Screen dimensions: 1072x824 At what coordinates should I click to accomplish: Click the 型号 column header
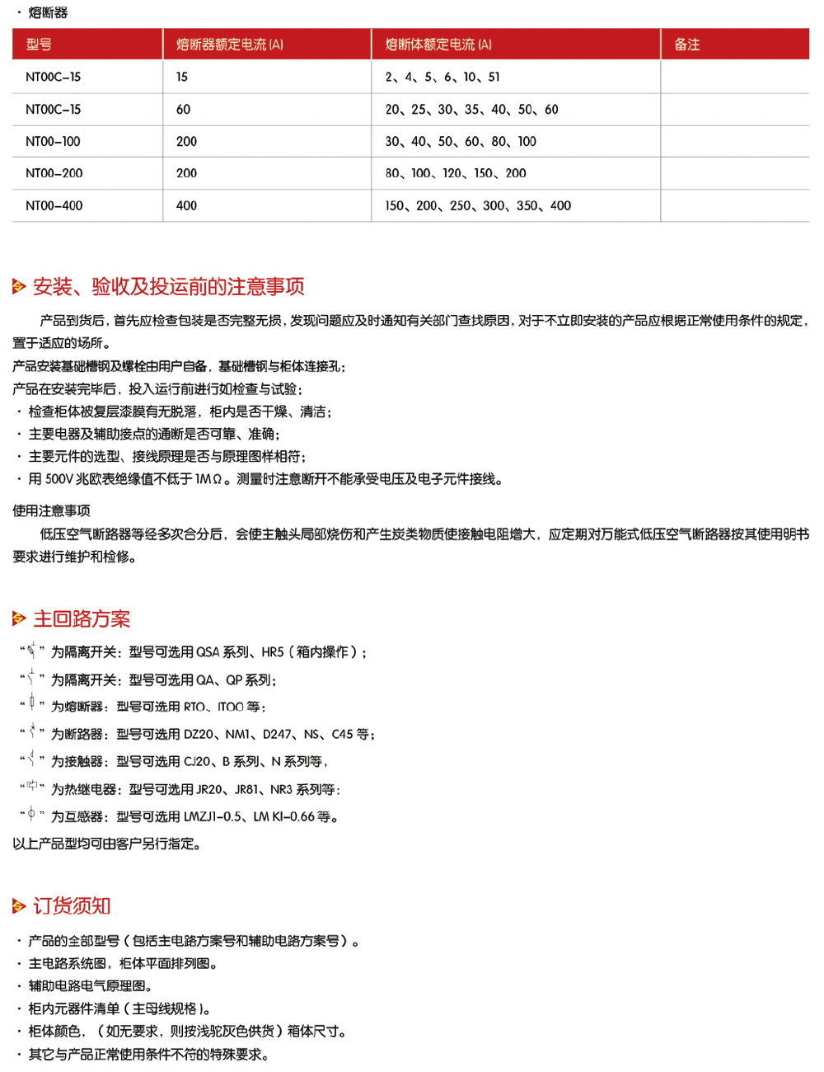click(39, 45)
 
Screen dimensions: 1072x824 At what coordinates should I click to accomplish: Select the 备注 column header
click(686, 45)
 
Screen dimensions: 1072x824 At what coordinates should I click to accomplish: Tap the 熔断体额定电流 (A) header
click(438, 45)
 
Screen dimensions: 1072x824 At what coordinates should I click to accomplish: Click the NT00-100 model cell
click(53, 142)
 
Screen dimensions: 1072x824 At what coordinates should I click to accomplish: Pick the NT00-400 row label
click(54, 206)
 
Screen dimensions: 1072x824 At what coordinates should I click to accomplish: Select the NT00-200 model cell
click(54, 173)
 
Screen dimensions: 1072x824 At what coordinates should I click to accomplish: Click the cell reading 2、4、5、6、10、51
click(442, 78)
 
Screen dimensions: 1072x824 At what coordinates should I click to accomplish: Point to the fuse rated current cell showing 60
click(183, 110)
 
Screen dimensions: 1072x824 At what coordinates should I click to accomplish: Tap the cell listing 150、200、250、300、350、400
click(478, 206)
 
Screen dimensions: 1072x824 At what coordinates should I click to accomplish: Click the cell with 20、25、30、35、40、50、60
click(471, 110)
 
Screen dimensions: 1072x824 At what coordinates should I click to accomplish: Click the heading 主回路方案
click(82, 618)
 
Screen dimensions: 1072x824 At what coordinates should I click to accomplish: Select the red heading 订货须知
click(72, 905)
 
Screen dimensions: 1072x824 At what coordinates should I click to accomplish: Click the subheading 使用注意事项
click(51, 510)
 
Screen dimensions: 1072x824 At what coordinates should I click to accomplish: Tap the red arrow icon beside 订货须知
click(19, 906)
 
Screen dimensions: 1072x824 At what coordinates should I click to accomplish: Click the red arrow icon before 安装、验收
click(19, 287)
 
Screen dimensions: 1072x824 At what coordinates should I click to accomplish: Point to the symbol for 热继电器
click(32, 787)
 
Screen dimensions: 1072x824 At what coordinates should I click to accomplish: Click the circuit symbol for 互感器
click(31, 815)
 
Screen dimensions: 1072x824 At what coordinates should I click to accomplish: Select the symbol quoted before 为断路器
click(32, 731)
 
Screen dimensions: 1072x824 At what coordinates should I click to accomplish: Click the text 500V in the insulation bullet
click(59, 479)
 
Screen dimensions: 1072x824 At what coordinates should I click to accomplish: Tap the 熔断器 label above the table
click(48, 12)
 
